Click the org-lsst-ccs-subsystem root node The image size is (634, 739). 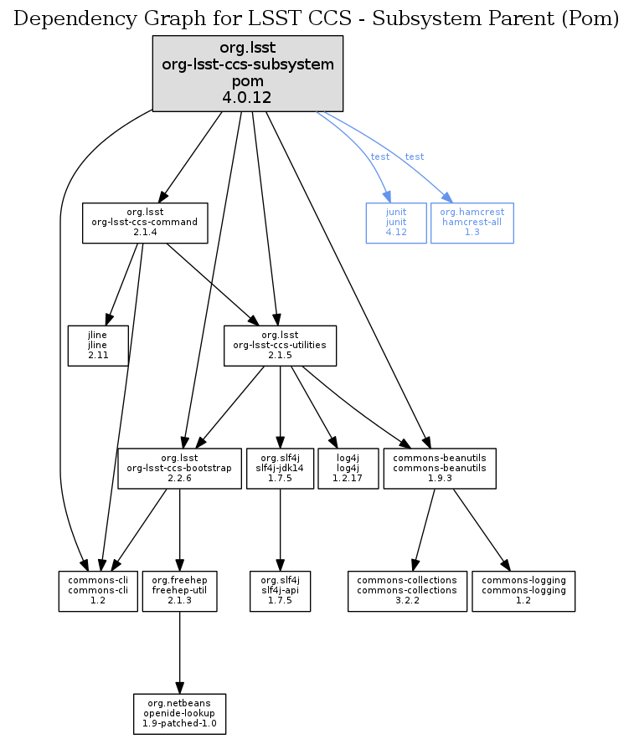click(x=248, y=73)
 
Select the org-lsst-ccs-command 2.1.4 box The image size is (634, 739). click(x=144, y=223)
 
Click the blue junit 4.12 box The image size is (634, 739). click(x=396, y=223)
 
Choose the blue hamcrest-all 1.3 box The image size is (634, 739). click(x=472, y=223)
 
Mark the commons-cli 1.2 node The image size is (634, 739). click(x=98, y=591)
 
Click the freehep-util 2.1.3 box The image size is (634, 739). click(x=180, y=591)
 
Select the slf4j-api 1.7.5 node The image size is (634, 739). click(x=280, y=591)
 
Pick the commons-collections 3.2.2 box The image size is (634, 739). click(x=407, y=591)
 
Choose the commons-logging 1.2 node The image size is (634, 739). click(x=523, y=591)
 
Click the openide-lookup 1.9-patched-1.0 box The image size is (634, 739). click(x=180, y=714)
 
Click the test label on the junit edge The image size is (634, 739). click(x=379, y=157)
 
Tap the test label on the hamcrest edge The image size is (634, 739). click(x=414, y=157)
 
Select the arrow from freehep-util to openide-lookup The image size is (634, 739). click(x=180, y=652)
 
